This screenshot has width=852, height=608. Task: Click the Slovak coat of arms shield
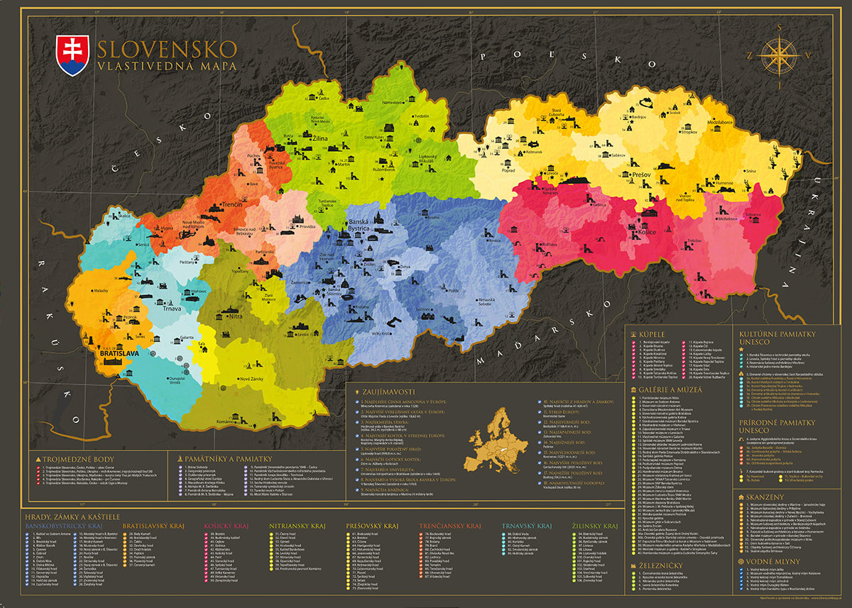73,55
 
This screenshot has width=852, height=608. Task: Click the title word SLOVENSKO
167,49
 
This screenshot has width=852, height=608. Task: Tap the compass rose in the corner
780,55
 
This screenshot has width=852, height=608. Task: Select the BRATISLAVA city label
119,352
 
